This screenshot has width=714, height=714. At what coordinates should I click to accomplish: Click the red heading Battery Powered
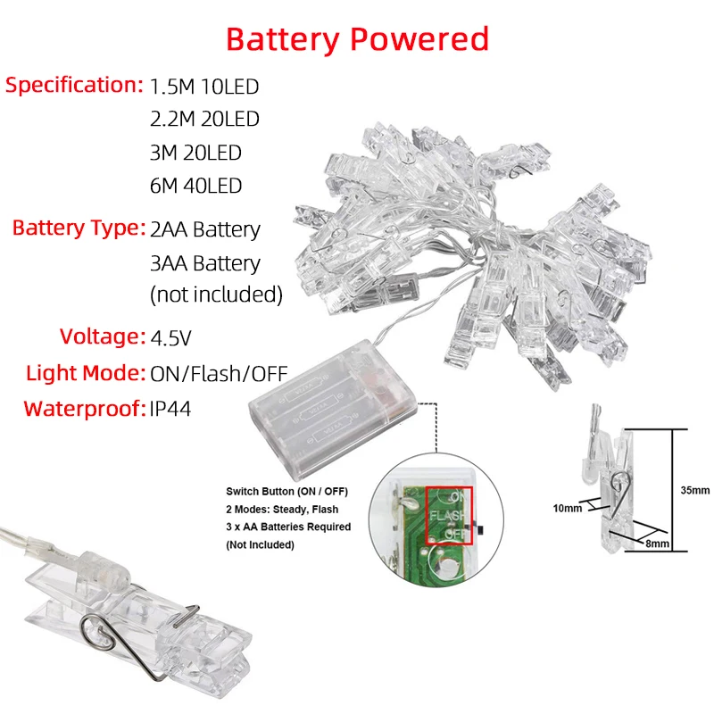(x=357, y=39)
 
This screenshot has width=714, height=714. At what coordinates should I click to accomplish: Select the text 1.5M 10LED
(x=204, y=87)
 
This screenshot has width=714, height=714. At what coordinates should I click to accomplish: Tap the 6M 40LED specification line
(x=195, y=186)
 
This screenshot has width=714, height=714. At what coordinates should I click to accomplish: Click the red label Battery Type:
(x=79, y=228)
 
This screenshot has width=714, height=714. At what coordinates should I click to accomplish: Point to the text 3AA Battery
(x=205, y=263)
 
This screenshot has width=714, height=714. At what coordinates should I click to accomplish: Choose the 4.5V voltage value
(x=171, y=337)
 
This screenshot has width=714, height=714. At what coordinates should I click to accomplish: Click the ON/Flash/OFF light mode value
(x=219, y=373)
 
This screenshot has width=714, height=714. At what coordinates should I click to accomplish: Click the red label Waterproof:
(x=83, y=409)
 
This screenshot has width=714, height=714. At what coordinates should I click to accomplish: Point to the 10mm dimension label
(x=566, y=508)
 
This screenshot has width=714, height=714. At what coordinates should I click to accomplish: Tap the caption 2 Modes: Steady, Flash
(x=282, y=510)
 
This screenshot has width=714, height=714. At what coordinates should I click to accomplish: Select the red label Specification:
(x=74, y=86)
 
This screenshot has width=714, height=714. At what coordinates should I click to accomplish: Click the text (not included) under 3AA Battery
(x=216, y=294)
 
